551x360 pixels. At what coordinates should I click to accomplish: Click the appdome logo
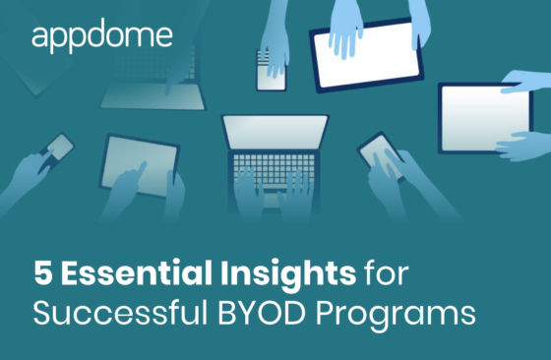pyautogui.click(x=101, y=36)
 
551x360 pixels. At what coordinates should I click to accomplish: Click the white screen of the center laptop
pyautogui.click(x=275, y=132)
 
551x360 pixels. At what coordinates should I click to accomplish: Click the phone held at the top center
pyautogui.click(x=271, y=71)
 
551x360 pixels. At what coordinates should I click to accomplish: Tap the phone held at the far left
pyautogui.click(x=59, y=150)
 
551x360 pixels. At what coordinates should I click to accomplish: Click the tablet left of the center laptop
pyautogui.click(x=138, y=160)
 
